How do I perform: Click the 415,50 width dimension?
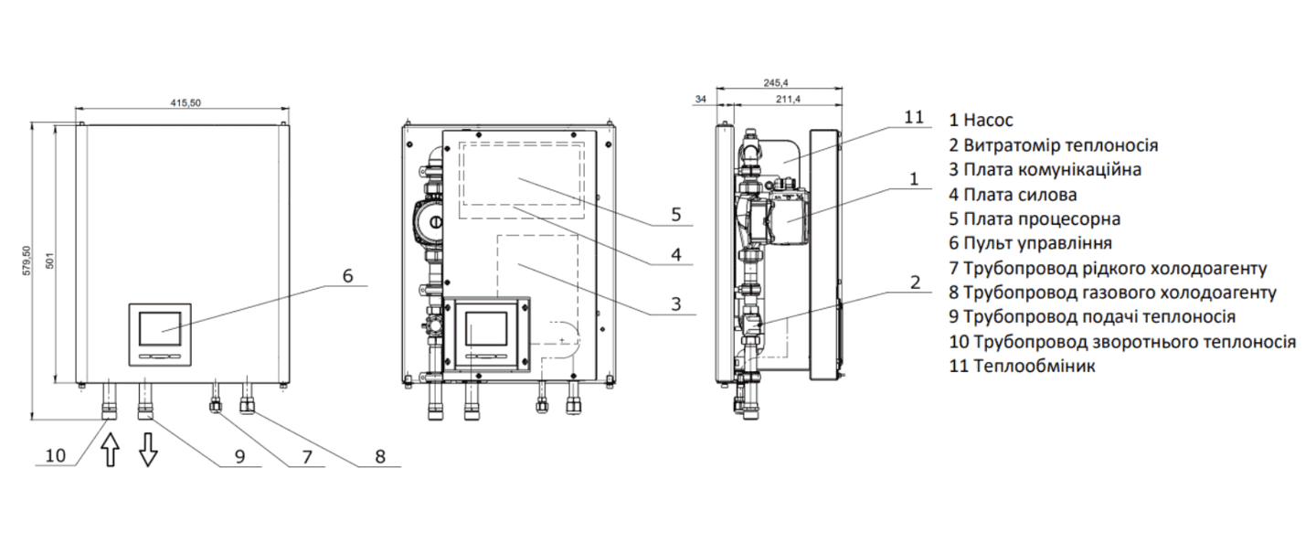[185, 102]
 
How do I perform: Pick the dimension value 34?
[702, 99]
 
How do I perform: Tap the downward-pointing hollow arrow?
[147, 451]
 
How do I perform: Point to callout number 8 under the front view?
[379, 454]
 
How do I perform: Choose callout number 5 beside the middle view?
[674, 215]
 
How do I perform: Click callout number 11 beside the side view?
[915, 118]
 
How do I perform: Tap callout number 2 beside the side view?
[915, 282]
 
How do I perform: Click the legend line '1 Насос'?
[981, 120]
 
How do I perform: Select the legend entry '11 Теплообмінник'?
[1023, 367]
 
